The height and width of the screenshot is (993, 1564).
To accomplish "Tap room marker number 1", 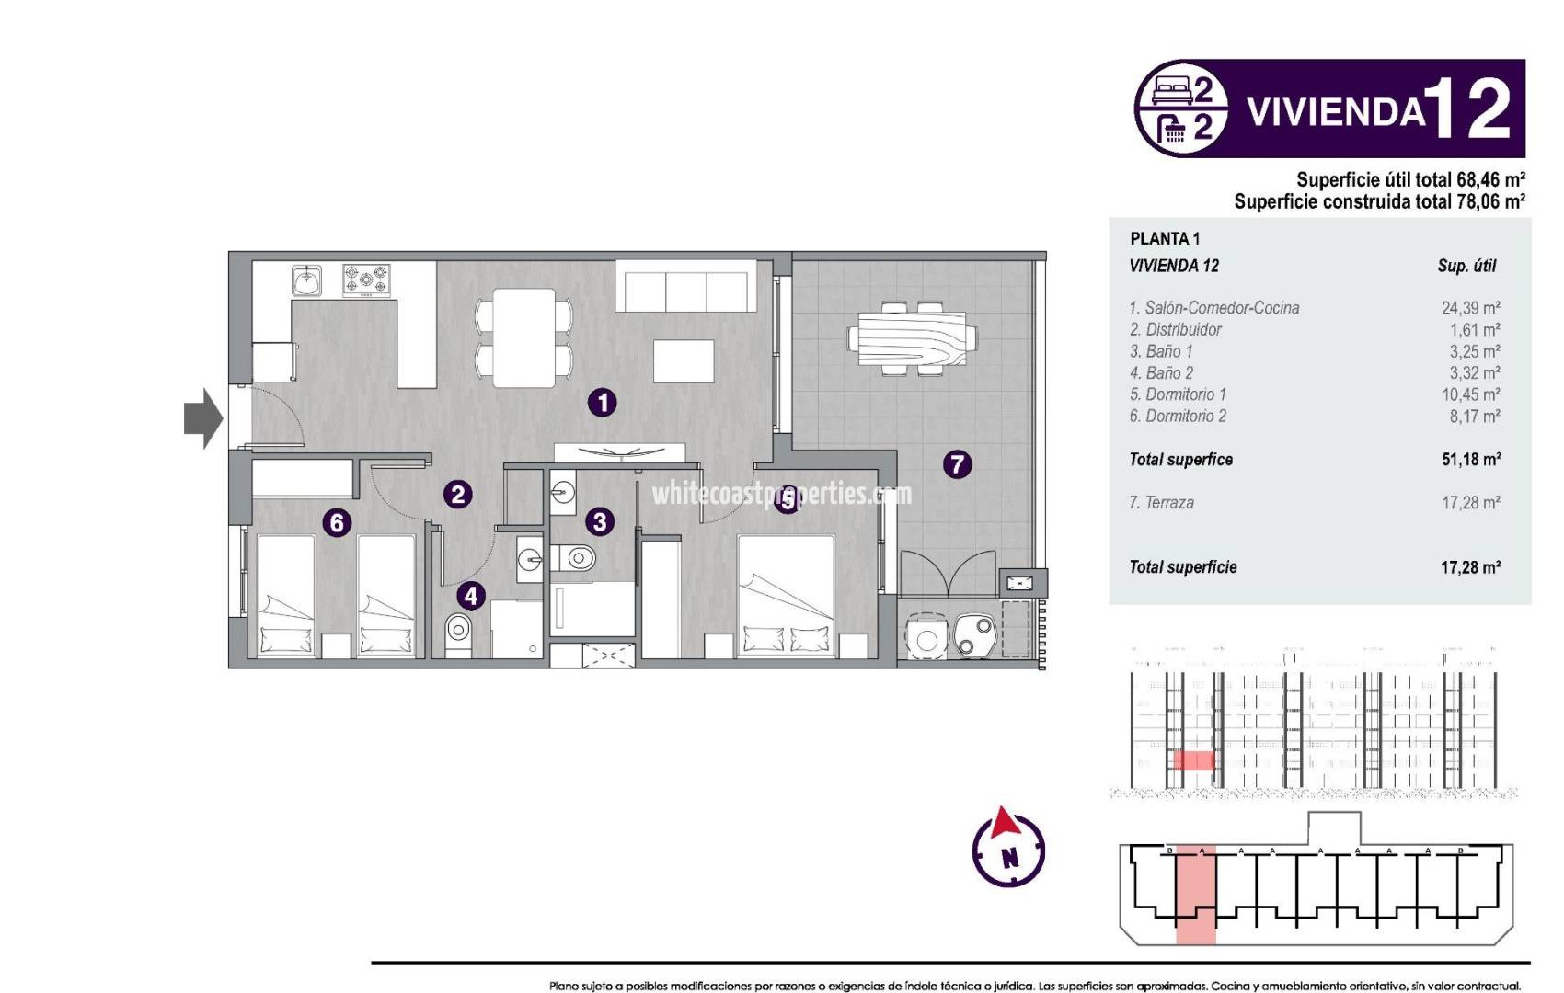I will [603, 402].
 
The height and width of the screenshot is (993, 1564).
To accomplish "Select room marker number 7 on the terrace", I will [957, 463].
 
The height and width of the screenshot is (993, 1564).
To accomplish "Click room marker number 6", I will [337, 523].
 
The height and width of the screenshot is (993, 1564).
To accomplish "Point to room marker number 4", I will [471, 596].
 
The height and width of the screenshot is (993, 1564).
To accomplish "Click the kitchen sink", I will [306, 280].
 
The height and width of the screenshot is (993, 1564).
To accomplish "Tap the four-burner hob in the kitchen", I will [366, 280].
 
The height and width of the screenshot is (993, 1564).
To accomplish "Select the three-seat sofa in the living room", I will [685, 287].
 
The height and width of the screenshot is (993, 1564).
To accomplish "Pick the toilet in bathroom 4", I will [458, 632].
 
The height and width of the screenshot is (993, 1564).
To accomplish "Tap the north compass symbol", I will [1008, 848].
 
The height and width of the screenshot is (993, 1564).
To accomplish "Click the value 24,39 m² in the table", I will [1470, 308].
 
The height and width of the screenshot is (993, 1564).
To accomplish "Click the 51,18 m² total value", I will [1470, 460].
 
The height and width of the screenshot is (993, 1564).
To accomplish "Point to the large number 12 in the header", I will [1470, 108].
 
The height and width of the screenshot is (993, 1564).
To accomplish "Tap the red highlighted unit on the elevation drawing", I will [1193, 760].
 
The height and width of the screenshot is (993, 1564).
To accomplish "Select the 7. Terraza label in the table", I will [1161, 503].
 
